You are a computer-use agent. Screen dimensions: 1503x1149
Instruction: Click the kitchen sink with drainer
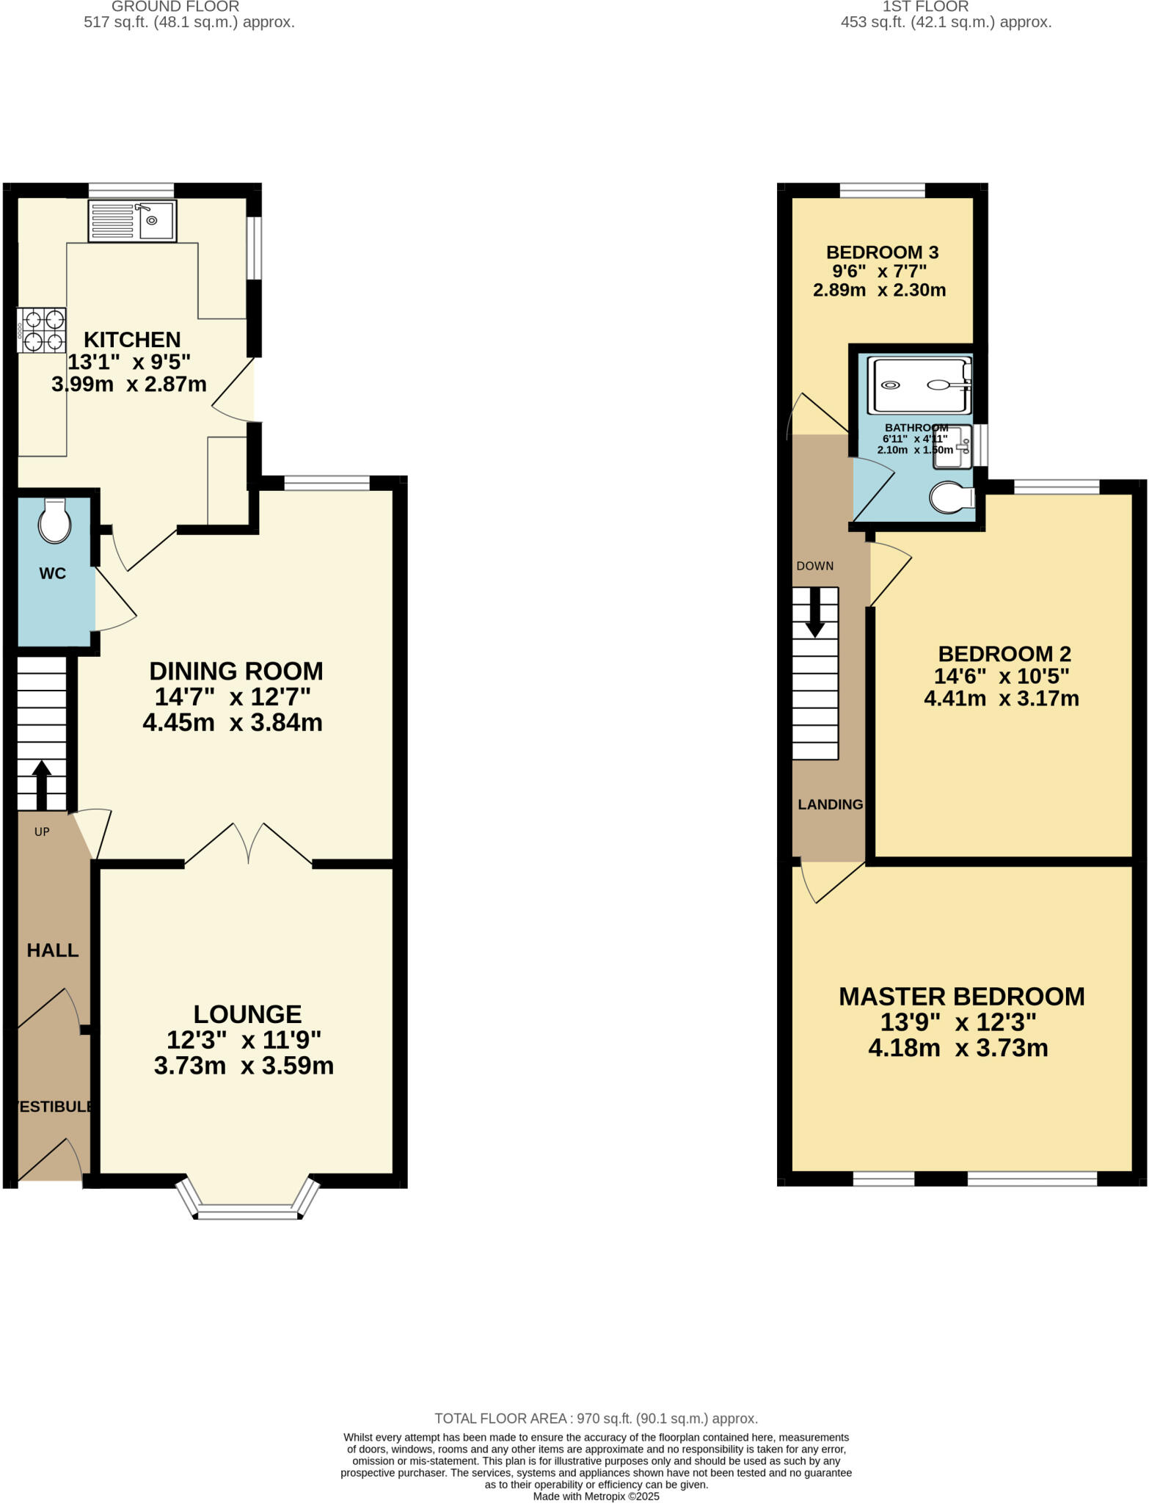[x=132, y=220]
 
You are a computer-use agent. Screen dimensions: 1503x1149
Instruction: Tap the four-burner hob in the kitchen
[x=43, y=330]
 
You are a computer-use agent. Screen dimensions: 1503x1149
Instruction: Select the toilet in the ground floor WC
[x=55, y=522]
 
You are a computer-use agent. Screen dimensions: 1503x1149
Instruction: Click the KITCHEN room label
[x=132, y=340]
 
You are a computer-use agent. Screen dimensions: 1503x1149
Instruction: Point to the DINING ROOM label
[x=236, y=671]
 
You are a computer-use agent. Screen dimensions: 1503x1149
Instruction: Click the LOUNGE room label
[x=247, y=1014]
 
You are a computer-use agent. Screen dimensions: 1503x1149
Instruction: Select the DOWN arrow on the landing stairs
[x=815, y=613]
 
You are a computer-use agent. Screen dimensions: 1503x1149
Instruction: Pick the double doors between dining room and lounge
[x=249, y=844]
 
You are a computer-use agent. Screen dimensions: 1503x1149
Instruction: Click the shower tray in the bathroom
[x=919, y=385]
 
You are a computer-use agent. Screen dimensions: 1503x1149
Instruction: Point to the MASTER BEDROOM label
[x=961, y=997]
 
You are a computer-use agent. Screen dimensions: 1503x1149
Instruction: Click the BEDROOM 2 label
[x=1004, y=654]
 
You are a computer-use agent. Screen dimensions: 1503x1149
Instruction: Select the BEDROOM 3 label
[x=882, y=252]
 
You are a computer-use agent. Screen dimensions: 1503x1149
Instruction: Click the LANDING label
[x=830, y=804]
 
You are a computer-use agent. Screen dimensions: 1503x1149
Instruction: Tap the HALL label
[x=53, y=950]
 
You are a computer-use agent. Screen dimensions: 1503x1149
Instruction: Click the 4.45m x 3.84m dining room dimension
[x=233, y=723]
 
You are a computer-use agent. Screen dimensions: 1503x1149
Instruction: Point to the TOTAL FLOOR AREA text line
[x=596, y=1419]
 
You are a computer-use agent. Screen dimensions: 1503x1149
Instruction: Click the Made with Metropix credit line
[x=596, y=1496]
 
